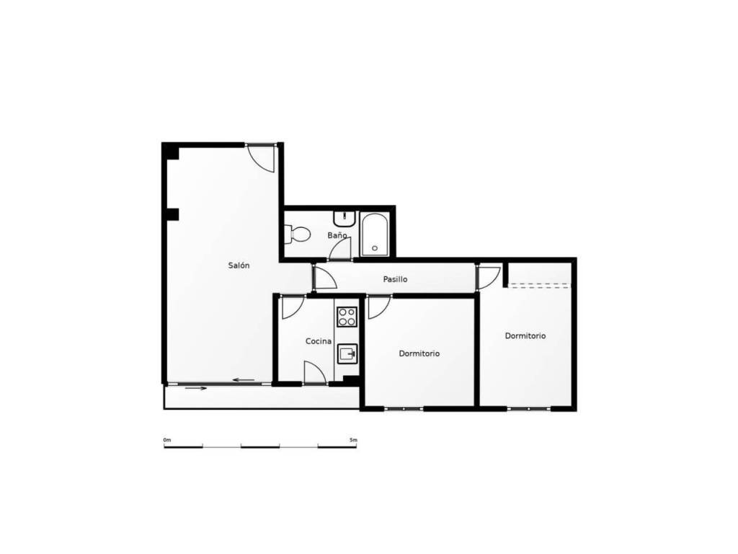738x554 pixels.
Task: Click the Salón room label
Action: pyautogui.click(x=239, y=265)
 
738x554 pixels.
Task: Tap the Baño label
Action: pyautogui.click(x=337, y=235)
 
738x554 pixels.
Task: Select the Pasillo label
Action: pyautogui.click(x=395, y=279)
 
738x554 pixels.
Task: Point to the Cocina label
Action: pyautogui.click(x=318, y=341)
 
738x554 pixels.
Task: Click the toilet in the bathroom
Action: pyautogui.click(x=298, y=234)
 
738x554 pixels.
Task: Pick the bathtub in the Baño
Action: pyautogui.click(x=374, y=234)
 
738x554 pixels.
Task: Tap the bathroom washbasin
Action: pyautogui.click(x=345, y=219)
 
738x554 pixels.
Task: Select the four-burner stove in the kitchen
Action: pyautogui.click(x=347, y=317)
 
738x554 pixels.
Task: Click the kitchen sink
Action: pyautogui.click(x=347, y=353)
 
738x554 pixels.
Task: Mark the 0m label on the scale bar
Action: pyautogui.click(x=167, y=440)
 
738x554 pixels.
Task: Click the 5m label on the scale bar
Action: pyautogui.click(x=353, y=440)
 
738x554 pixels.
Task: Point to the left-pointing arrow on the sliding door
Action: pyautogui.click(x=244, y=380)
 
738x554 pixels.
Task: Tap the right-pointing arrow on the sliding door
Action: pyautogui.click(x=196, y=388)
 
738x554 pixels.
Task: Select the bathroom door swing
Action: pyautogui.click(x=340, y=248)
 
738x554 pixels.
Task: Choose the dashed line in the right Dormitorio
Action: pyautogui.click(x=540, y=284)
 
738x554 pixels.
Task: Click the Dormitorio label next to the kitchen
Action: pyautogui.click(x=419, y=353)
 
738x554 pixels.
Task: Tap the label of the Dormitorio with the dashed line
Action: pyautogui.click(x=525, y=336)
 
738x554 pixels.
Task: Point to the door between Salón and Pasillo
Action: pyautogui.click(x=326, y=278)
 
